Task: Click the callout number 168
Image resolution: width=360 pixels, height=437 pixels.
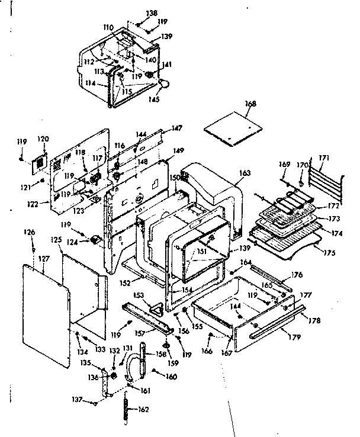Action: point(250,104)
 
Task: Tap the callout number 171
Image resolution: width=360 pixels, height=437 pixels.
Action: point(323,158)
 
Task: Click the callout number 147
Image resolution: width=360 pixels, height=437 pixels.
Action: point(176,128)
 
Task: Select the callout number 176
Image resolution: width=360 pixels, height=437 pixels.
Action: point(297,274)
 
